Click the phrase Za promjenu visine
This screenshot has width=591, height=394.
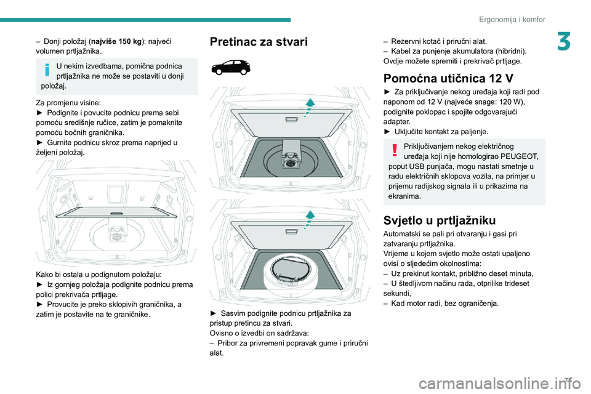68,103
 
